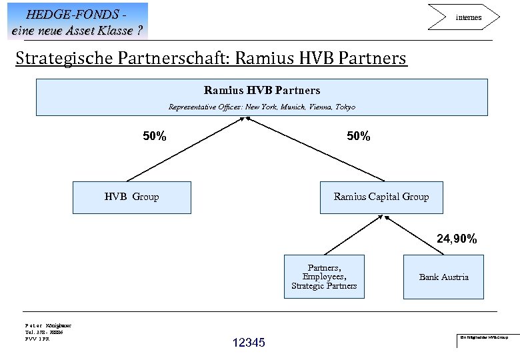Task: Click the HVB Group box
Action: (131, 197)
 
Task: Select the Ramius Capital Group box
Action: (381, 197)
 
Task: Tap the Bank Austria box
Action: (443, 277)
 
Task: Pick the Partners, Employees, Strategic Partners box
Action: (324, 277)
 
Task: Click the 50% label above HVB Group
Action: (155, 137)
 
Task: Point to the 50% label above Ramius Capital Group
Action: (358, 137)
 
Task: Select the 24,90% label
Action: (457, 239)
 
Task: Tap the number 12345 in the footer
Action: (249, 343)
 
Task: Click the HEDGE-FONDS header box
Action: (77, 21)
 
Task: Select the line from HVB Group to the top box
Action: (187, 149)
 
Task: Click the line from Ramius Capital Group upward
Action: (317, 149)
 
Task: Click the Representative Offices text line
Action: (261, 107)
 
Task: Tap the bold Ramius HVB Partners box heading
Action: (261, 90)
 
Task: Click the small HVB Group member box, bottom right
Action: (485, 337)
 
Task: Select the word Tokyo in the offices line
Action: (344, 107)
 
